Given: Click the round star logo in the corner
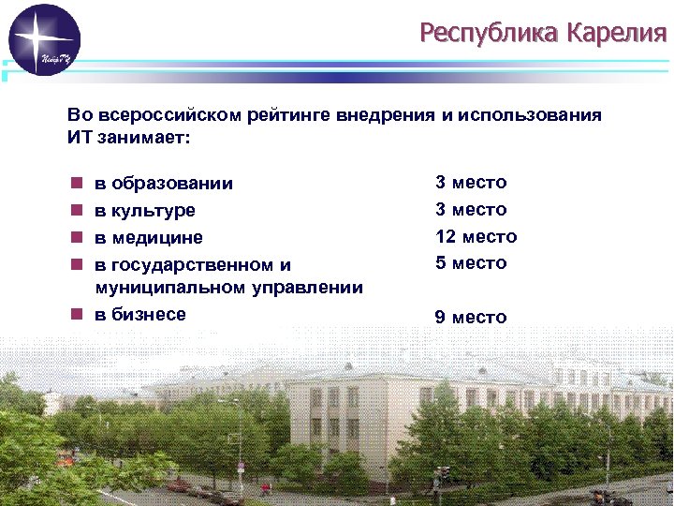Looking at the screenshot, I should click(44, 39).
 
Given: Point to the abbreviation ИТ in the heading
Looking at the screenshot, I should click(80, 138).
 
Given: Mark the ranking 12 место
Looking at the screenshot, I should click(476, 236).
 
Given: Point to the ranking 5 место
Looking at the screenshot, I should click(471, 263).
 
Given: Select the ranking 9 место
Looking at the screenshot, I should click(471, 317).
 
